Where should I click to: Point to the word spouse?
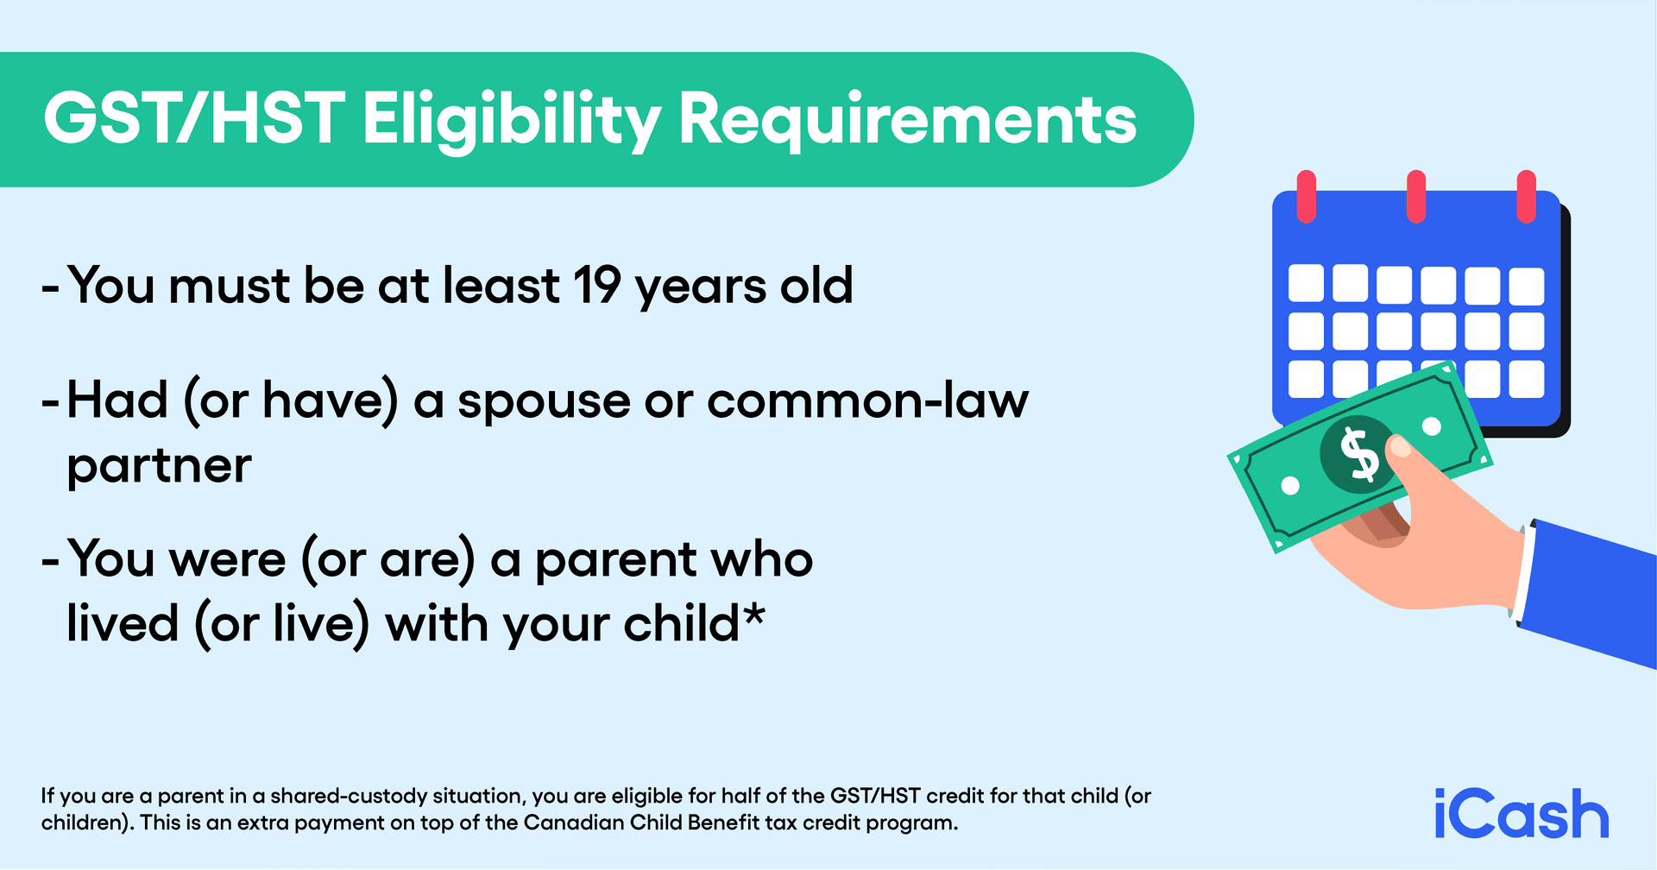[x=544, y=402]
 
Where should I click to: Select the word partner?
[x=159, y=467]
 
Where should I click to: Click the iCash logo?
[x=1521, y=814]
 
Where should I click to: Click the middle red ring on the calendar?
[x=1416, y=196]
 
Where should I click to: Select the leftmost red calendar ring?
[x=1307, y=196]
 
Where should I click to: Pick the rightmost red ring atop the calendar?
[x=1526, y=196]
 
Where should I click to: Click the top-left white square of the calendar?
[x=1306, y=283]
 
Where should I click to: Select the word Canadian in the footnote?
[x=574, y=823]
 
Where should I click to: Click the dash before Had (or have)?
[x=50, y=402]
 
